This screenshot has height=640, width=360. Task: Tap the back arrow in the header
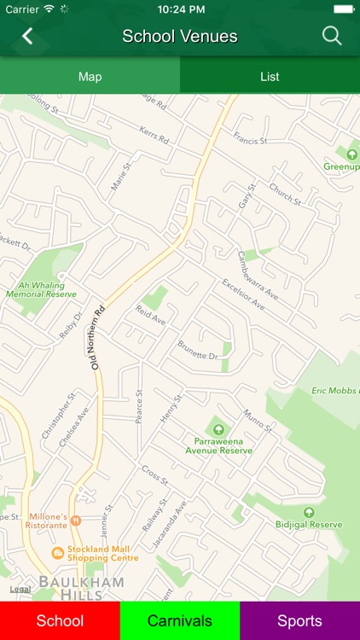click(x=27, y=36)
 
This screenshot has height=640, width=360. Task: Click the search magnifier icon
click(x=331, y=36)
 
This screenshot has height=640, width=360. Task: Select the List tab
click(x=270, y=77)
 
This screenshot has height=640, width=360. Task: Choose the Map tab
click(x=90, y=77)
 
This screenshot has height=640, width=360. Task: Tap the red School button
click(x=60, y=620)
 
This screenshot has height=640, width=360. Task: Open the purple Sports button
click(x=299, y=620)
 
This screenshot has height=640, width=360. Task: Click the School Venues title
click(x=179, y=36)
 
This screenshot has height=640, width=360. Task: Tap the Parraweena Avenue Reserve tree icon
click(x=218, y=429)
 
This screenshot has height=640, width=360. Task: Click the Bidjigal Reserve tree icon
click(x=309, y=512)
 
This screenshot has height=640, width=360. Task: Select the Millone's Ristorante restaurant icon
click(x=75, y=520)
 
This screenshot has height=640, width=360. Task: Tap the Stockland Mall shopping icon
click(x=57, y=552)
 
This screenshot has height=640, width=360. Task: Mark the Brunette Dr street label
click(x=198, y=349)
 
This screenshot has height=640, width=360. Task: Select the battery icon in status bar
click(x=343, y=9)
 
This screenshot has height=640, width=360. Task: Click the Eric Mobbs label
click(x=334, y=390)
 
